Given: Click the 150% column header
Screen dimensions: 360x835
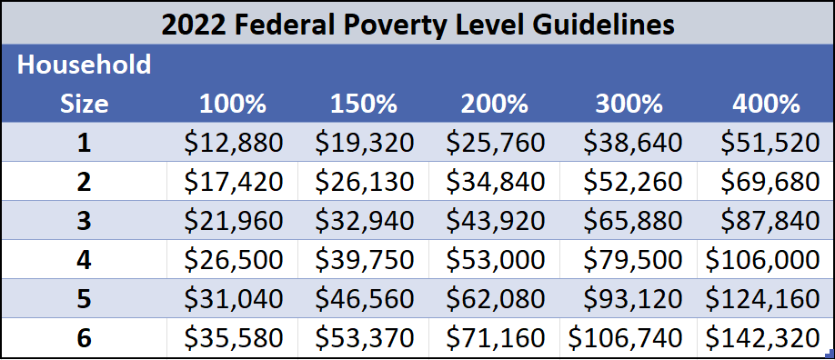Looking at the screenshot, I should [x=365, y=104].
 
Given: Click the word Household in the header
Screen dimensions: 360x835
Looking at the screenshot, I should [x=84, y=65].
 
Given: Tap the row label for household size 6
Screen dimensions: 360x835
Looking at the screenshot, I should [x=84, y=338].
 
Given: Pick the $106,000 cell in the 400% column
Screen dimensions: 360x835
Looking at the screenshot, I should [x=762, y=260].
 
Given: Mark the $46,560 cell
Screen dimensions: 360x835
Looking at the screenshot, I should [x=365, y=299].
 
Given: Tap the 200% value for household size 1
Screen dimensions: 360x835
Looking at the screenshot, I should [x=496, y=143].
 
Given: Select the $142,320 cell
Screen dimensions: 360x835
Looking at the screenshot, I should [x=762, y=338].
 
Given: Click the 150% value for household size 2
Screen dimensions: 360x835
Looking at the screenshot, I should [x=365, y=182].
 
